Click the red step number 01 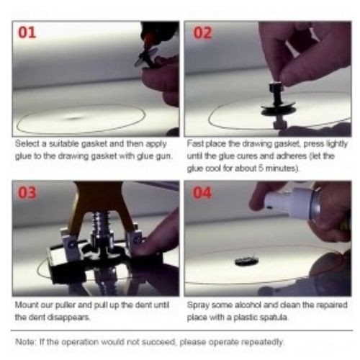(27, 32)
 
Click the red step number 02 (202, 33)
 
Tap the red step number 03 (27, 192)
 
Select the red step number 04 (202, 193)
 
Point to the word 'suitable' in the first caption (64, 144)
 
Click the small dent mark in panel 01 (74, 118)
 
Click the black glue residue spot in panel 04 (246, 261)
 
